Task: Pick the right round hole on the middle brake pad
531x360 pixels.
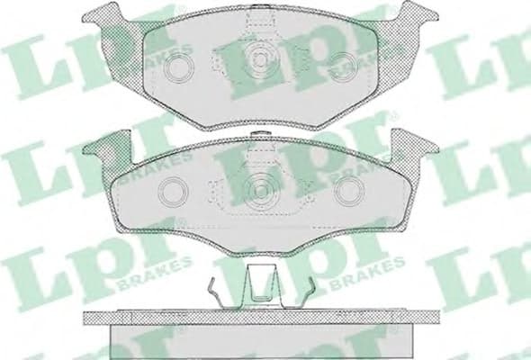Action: click(x=346, y=192)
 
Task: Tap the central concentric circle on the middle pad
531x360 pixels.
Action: click(x=261, y=190)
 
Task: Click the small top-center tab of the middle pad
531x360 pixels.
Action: click(x=261, y=137)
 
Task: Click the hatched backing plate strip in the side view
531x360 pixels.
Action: click(x=261, y=319)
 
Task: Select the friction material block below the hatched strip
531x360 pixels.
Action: click(x=261, y=342)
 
